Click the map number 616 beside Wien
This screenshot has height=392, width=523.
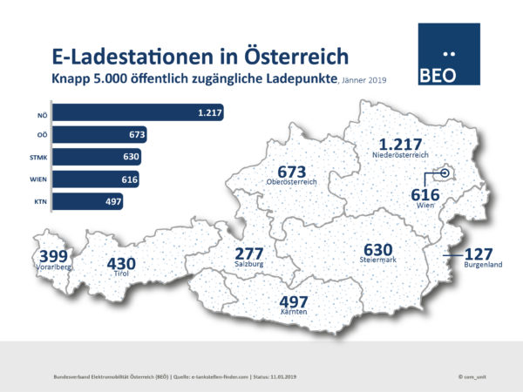[x=425, y=195]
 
